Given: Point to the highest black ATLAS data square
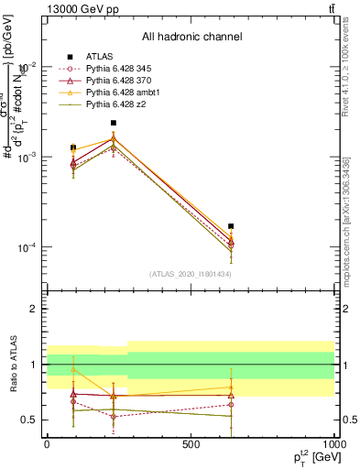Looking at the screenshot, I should (x=114, y=123).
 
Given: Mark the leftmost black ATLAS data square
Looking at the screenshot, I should (x=73, y=147).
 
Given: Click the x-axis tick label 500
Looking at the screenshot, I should (x=191, y=443).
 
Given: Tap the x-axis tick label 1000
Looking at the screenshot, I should (x=334, y=443).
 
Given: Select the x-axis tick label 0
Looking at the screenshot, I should (x=46, y=443).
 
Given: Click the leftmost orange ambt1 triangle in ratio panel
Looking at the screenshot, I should (x=73, y=370).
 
